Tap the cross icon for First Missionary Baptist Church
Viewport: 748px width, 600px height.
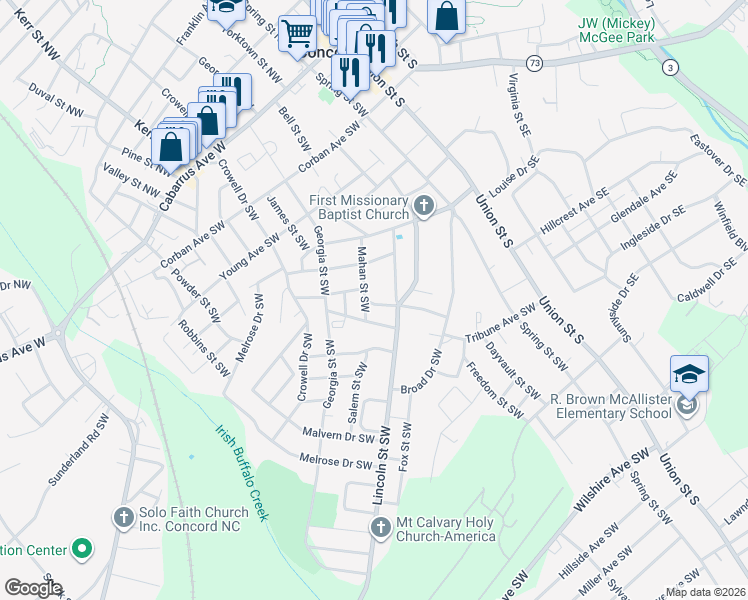(425, 206)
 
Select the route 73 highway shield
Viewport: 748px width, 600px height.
(537, 62)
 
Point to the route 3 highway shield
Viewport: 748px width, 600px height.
(669, 66)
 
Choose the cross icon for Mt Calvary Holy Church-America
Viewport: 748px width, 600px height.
(379, 528)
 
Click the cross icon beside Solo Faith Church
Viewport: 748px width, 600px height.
(123, 517)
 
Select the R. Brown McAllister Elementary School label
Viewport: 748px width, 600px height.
(609, 405)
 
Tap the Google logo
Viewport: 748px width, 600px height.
(33, 588)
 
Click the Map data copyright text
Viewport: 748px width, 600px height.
(705, 592)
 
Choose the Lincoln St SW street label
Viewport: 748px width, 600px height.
(383, 467)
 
